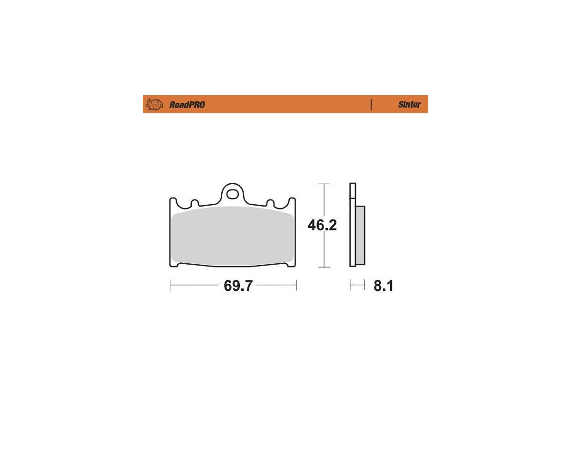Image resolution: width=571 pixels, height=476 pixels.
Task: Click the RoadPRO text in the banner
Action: tap(187, 105)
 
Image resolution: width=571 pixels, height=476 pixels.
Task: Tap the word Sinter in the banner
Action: tap(409, 104)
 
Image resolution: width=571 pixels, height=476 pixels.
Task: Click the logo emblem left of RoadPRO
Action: tap(154, 104)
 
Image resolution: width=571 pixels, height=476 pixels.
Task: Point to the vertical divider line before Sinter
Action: tap(371, 105)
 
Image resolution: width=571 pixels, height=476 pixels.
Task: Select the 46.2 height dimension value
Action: tap(322, 226)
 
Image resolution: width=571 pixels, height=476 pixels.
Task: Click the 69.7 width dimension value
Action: tap(238, 286)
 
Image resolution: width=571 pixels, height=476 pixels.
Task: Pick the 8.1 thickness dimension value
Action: tap(384, 286)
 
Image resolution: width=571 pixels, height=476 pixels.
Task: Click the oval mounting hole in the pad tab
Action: tap(232, 195)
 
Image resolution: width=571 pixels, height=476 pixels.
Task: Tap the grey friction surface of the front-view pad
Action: tap(233, 235)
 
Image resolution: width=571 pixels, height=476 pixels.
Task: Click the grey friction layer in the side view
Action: tap(360, 235)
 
